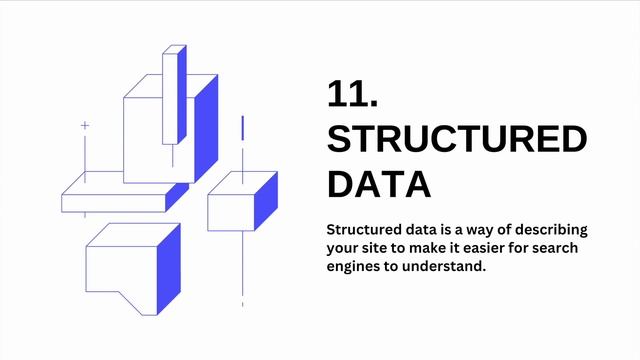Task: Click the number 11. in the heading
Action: pyautogui.click(x=352, y=94)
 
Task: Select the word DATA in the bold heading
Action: pyautogui.click(x=379, y=185)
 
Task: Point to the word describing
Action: pyautogui.click(x=547, y=228)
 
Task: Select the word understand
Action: pyautogui.click(x=447, y=267)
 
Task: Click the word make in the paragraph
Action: pyautogui.click(x=437, y=247)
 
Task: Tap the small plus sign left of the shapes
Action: pyautogui.click(x=85, y=126)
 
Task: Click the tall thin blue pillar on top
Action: pyautogui.click(x=180, y=95)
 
